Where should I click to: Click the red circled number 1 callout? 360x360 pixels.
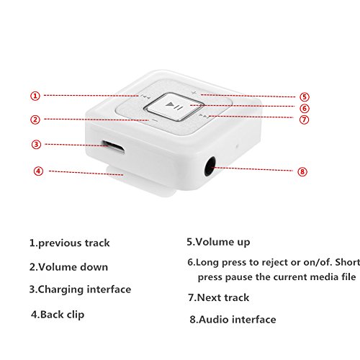point(35,96)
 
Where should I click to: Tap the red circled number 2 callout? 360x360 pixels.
point(35,120)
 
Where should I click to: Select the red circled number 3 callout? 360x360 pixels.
point(36,145)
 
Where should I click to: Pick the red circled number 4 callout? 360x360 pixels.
point(38,171)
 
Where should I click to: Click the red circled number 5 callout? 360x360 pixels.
point(305,97)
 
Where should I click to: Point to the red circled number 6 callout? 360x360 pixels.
point(305,109)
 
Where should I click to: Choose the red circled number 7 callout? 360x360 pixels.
point(304,120)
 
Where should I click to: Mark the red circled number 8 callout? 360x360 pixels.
point(302,171)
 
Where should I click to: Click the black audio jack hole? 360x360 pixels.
point(210,166)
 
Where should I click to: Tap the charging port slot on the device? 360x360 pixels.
point(113,146)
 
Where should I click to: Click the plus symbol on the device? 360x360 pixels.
point(194,93)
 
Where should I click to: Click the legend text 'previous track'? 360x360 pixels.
point(74,243)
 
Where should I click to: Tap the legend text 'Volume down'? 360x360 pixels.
point(73,267)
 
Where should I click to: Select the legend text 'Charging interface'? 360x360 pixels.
point(84,289)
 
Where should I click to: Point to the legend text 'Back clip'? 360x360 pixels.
point(63,315)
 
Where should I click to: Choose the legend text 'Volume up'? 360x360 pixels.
point(222,242)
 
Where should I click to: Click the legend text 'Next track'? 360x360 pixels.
point(223,297)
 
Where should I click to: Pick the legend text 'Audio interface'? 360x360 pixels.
point(238,320)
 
